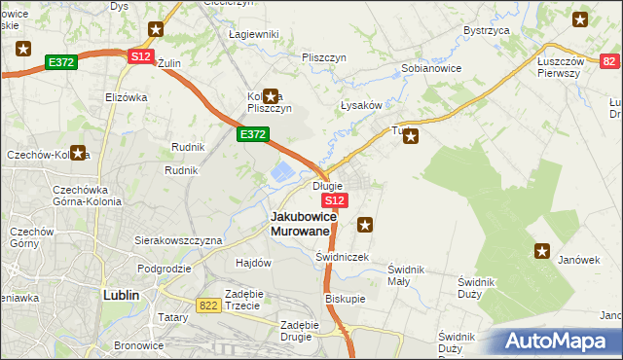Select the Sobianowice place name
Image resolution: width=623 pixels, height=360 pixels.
tap(431, 69)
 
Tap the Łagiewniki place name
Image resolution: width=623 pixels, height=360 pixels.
tap(253, 34)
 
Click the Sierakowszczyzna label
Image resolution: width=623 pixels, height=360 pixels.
tap(178, 239)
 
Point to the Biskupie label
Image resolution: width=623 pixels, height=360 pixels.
tap(346, 299)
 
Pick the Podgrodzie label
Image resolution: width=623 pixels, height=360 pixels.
tap(164, 269)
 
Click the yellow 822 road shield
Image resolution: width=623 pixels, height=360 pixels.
tap(208, 306)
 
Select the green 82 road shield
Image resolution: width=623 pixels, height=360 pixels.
tap(609, 61)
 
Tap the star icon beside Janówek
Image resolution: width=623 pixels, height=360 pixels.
tap(542, 252)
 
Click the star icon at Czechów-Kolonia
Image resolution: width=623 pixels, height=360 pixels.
tap(78, 153)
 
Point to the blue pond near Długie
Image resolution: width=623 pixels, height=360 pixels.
tap(280, 173)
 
